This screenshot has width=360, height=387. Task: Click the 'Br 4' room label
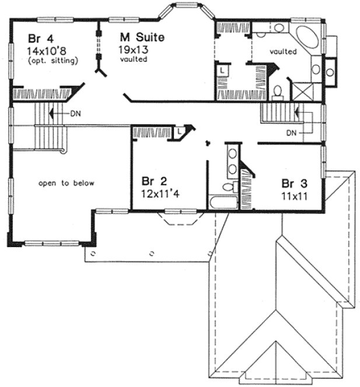[x=37, y=40]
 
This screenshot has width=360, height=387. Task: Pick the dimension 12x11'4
[x=159, y=191]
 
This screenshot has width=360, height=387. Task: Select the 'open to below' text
[x=66, y=183]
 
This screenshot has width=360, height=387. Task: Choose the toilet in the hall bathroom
[x=233, y=187]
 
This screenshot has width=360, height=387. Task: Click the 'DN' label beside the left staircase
[x=75, y=114]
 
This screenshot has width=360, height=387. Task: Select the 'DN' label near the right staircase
[x=292, y=133]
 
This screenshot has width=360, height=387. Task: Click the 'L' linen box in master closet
[x=222, y=69]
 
